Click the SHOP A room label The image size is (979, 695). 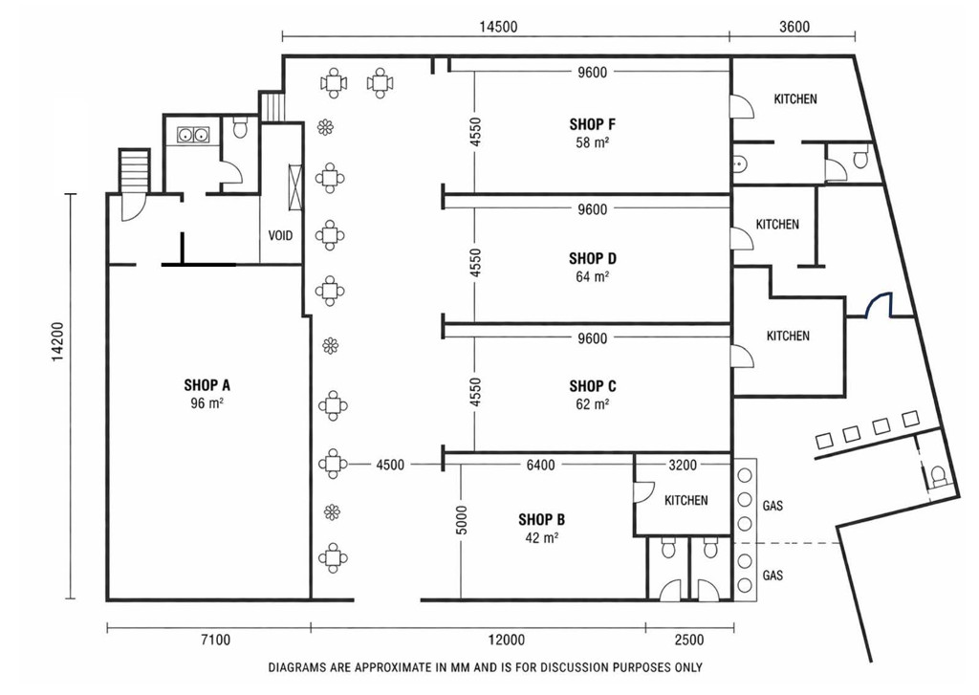click(207, 385)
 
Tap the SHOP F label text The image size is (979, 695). click(592, 124)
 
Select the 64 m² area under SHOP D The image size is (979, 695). click(592, 276)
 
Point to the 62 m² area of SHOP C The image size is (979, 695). click(592, 404)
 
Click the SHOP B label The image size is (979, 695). click(541, 519)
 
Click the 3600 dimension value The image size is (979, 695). click(794, 26)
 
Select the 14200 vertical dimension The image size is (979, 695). click(57, 341)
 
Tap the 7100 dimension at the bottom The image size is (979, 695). click(215, 640)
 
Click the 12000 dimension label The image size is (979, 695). click(506, 640)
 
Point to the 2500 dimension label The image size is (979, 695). click(688, 640)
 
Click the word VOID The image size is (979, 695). click(280, 235)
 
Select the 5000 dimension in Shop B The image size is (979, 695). click(462, 519)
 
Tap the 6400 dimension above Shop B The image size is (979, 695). click(541, 465)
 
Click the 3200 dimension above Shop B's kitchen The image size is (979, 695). click(683, 465)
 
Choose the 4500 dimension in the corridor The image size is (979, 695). click(390, 465)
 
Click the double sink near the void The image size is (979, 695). click(192, 134)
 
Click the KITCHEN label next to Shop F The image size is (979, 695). click(794, 98)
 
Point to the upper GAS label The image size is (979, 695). click(772, 505)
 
